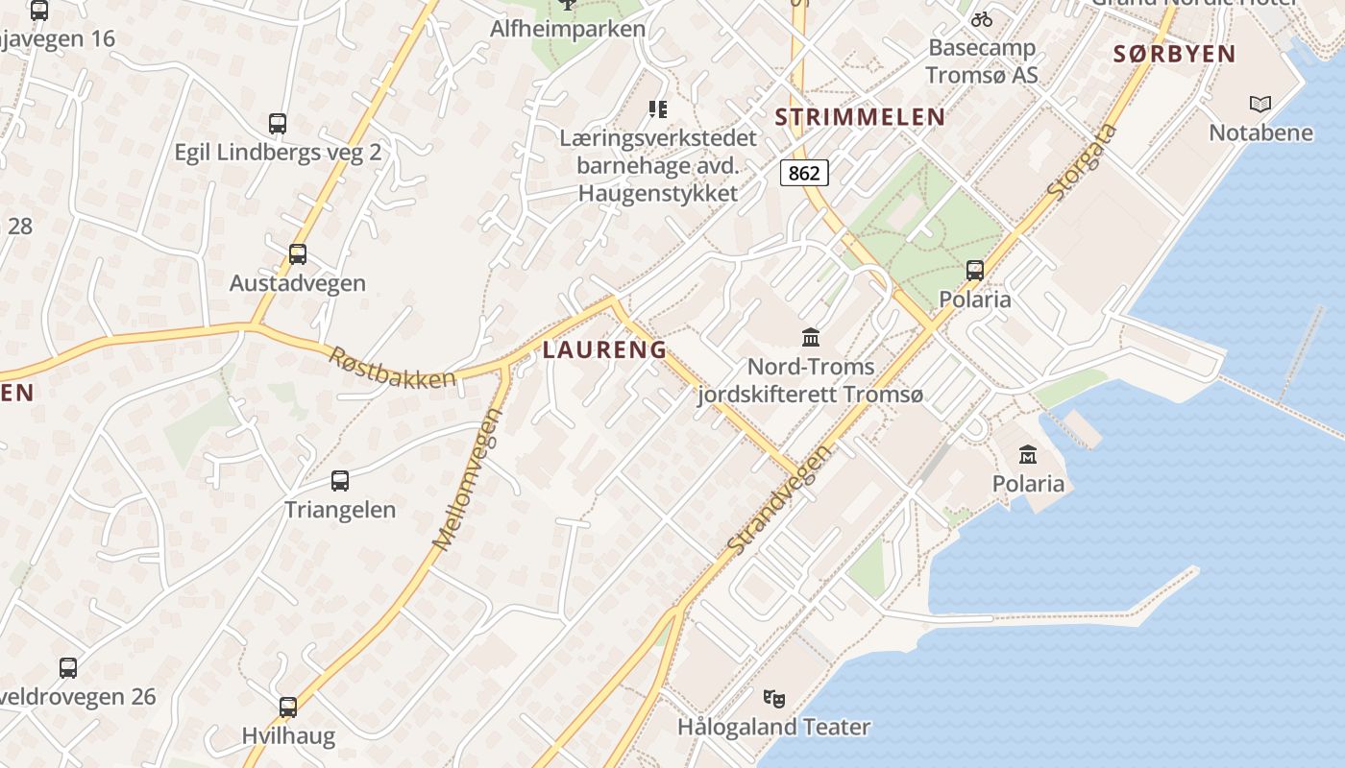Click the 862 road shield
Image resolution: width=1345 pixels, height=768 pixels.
(804, 173)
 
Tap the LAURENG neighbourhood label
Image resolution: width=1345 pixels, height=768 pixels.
(604, 349)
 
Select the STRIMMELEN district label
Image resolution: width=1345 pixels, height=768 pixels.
(860, 117)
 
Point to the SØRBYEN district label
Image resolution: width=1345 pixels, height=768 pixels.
(1174, 54)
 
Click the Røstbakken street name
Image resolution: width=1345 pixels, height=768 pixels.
(392, 368)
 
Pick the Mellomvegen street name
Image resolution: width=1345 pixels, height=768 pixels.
(468, 480)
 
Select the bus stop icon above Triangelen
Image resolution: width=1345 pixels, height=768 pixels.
(340, 481)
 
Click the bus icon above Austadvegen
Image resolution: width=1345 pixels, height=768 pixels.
(298, 254)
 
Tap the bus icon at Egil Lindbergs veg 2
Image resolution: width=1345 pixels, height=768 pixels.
(278, 124)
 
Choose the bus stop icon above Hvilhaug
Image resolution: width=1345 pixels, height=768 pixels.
(288, 708)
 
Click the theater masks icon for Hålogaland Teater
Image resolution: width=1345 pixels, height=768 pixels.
(773, 698)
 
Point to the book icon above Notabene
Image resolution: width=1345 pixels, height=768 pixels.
(1260, 104)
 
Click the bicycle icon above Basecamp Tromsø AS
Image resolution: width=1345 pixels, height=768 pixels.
(981, 18)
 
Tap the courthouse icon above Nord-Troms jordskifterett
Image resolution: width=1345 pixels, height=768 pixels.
(811, 338)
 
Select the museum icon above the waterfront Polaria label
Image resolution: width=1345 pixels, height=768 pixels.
(1028, 454)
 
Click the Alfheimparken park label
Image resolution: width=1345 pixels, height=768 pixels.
(568, 29)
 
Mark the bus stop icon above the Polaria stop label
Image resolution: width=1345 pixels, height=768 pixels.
(975, 271)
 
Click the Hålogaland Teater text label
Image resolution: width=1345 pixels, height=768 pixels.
(773, 727)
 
